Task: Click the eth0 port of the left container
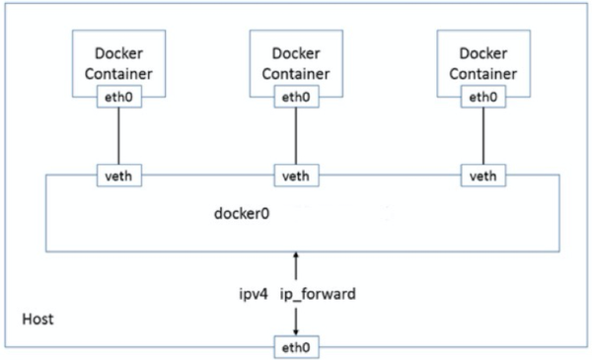tap(118, 97)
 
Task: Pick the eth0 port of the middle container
tap(295, 97)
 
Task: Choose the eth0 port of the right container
tap(481, 97)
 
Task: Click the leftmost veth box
tap(118, 176)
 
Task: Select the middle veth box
tap(295, 176)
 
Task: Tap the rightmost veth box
tap(481, 176)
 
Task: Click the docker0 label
tap(242, 213)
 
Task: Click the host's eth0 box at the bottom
tap(295, 347)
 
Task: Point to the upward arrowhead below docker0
tap(295, 255)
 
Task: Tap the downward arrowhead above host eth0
tap(295, 332)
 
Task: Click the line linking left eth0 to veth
tap(118, 136)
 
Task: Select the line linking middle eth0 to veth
tap(295, 136)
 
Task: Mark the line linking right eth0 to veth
tap(481, 136)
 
